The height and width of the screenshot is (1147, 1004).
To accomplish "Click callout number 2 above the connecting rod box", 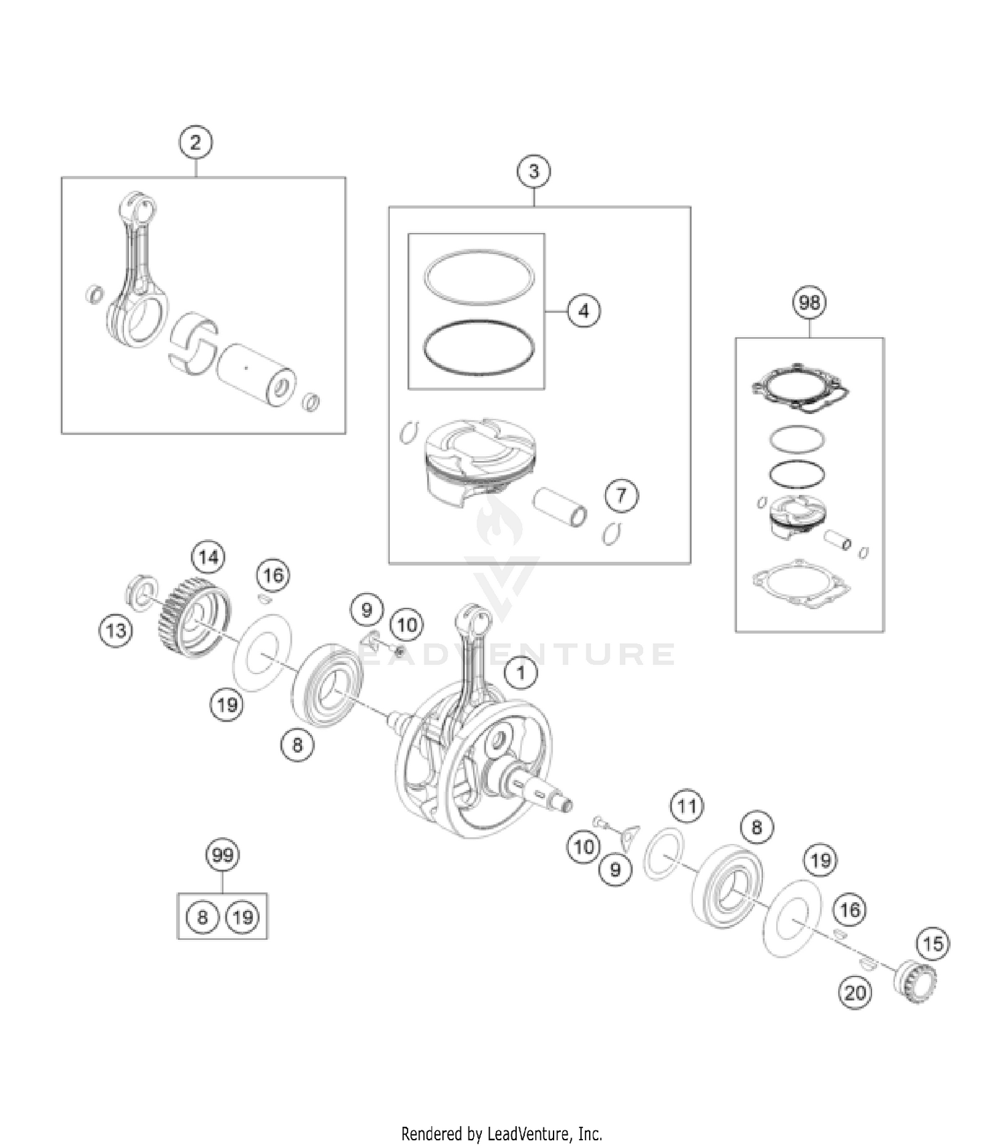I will [195, 142].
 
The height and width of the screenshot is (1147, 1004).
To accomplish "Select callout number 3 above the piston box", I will [533, 171].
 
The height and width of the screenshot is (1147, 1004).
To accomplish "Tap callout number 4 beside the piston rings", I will [584, 311].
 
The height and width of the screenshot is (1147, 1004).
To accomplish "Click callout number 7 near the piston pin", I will [622, 496].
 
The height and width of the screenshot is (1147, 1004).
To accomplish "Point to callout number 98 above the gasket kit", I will [809, 303].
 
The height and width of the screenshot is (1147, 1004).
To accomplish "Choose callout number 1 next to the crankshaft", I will [521, 673].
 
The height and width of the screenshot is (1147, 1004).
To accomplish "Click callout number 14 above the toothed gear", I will [208, 557].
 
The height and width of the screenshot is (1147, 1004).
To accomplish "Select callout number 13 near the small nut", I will [116, 631].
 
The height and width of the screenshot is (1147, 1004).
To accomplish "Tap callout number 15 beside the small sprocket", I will [933, 944].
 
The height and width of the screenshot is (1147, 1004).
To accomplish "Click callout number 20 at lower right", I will [855, 993].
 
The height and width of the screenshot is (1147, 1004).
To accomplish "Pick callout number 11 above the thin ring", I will [687, 807].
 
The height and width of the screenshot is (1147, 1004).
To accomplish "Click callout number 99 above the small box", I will [222, 855].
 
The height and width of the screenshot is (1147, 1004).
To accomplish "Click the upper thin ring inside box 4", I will [479, 274].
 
